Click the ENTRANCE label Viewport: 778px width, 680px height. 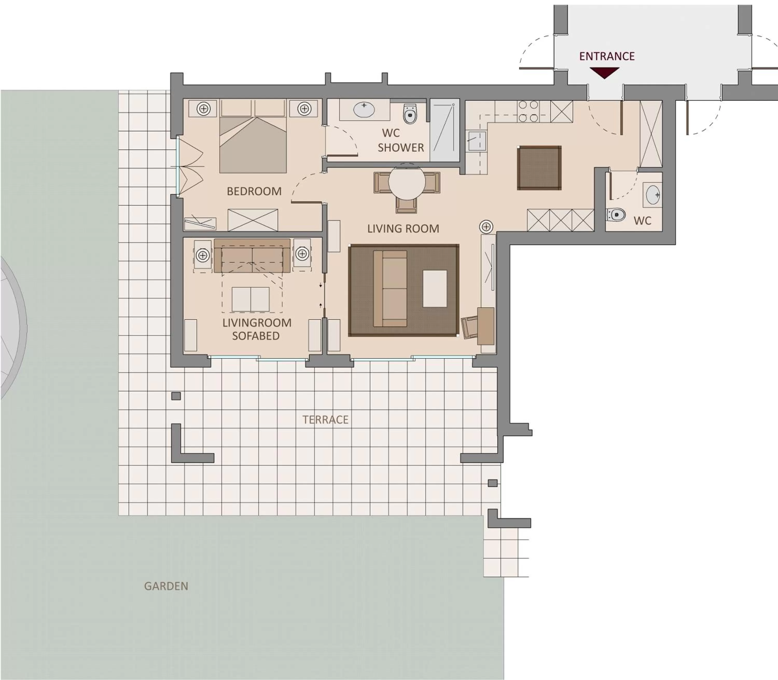[607, 56]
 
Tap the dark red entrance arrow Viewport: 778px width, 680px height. [604, 72]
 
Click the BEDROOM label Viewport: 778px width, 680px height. [254, 191]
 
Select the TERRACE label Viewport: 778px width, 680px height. [325, 420]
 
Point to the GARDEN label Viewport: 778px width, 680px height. [166, 586]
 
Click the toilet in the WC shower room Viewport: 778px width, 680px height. [409, 114]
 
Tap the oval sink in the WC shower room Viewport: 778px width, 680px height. [364, 110]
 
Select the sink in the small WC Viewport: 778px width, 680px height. [653, 194]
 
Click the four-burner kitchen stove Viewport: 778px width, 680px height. [528, 111]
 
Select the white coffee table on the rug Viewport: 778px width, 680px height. [434, 288]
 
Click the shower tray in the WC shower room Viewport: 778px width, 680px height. [444, 130]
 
